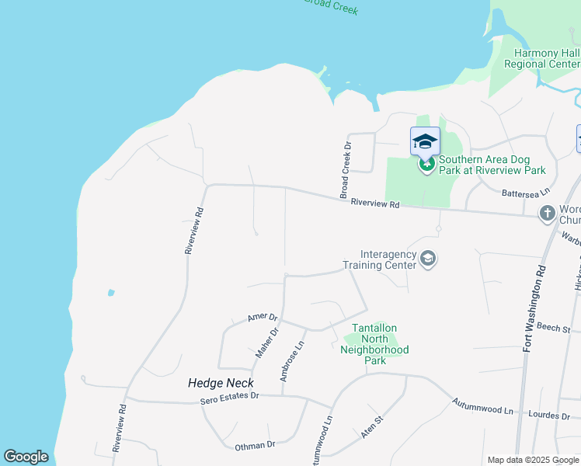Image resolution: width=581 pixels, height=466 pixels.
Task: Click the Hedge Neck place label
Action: tap(215, 383)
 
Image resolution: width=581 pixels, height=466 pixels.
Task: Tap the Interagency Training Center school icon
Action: tap(427, 258)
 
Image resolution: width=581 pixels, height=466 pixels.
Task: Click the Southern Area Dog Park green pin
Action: tap(426, 164)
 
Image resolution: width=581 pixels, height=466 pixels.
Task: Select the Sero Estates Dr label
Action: tap(229, 397)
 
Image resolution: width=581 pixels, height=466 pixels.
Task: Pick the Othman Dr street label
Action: tap(255, 446)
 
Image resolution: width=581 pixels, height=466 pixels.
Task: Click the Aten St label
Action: tap(373, 427)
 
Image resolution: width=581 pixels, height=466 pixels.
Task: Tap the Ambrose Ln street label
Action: tap(290, 360)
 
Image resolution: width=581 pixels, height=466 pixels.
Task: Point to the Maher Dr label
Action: tap(267, 343)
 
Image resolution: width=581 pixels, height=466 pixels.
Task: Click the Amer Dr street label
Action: tap(262, 317)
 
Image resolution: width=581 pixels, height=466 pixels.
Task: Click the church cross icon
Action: tap(547, 212)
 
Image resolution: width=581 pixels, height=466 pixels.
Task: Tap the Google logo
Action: tap(26, 457)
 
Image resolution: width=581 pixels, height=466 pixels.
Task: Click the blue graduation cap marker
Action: tap(425, 141)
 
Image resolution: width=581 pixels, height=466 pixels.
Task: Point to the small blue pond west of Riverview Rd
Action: tap(111, 293)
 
